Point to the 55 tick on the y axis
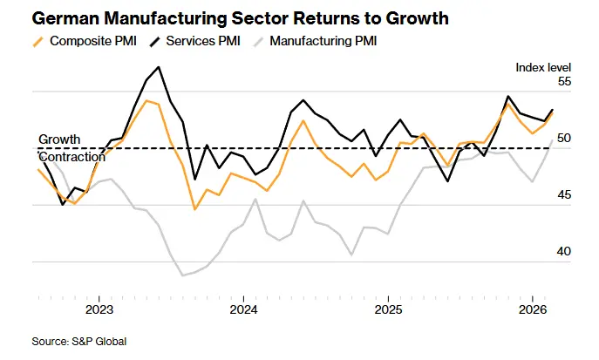(564, 81)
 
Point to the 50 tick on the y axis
(564, 138)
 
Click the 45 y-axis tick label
(564, 194)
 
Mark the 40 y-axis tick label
(564, 251)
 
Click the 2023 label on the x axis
(99, 309)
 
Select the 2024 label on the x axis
(243, 309)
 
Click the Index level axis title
(543, 66)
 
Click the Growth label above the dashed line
(59, 139)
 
